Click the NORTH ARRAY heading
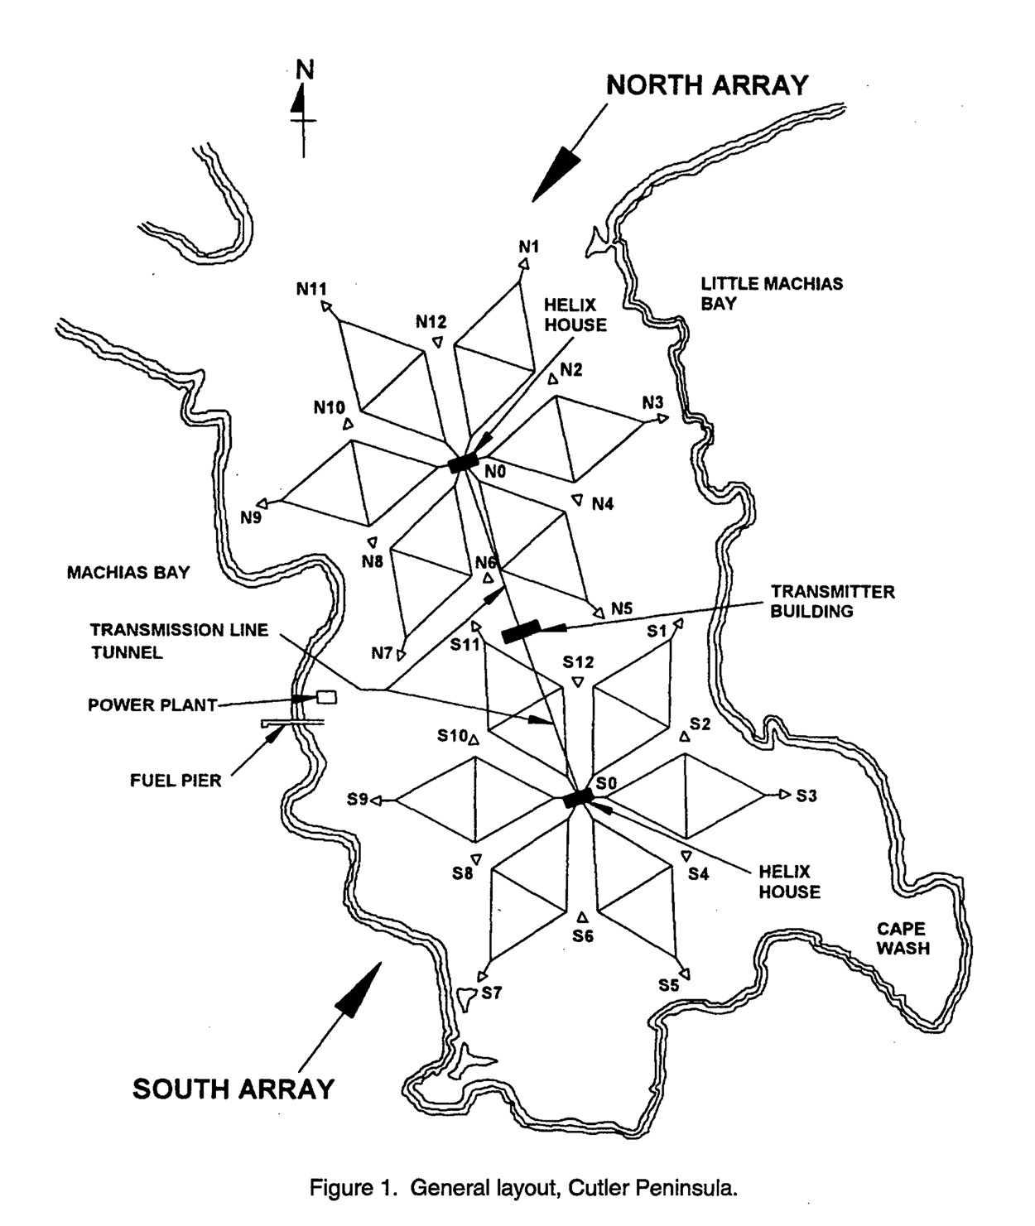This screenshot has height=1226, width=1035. click(707, 85)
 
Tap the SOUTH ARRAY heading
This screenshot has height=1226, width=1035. click(233, 1088)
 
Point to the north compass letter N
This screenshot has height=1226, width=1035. click(306, 70)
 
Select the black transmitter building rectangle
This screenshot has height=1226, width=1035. click(521, 631)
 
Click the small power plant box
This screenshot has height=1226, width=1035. click(327, 697)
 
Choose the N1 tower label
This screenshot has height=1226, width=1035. click(529, 246)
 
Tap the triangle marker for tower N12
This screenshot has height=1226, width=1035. click(437, 342)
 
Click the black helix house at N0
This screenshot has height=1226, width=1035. click(463, 463)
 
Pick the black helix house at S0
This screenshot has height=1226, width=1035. click(578, 798)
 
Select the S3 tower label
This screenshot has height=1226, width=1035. click(806, 796)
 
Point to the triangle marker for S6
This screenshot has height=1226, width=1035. click(582, 916)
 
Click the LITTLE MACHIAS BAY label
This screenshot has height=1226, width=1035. click(772, 293)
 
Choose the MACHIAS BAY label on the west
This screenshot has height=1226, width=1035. click(128, 572)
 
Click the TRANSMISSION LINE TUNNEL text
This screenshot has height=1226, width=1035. click(179, 641)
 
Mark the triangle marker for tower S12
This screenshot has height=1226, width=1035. click(578, 682)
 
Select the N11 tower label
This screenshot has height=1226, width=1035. click(311, 289)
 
